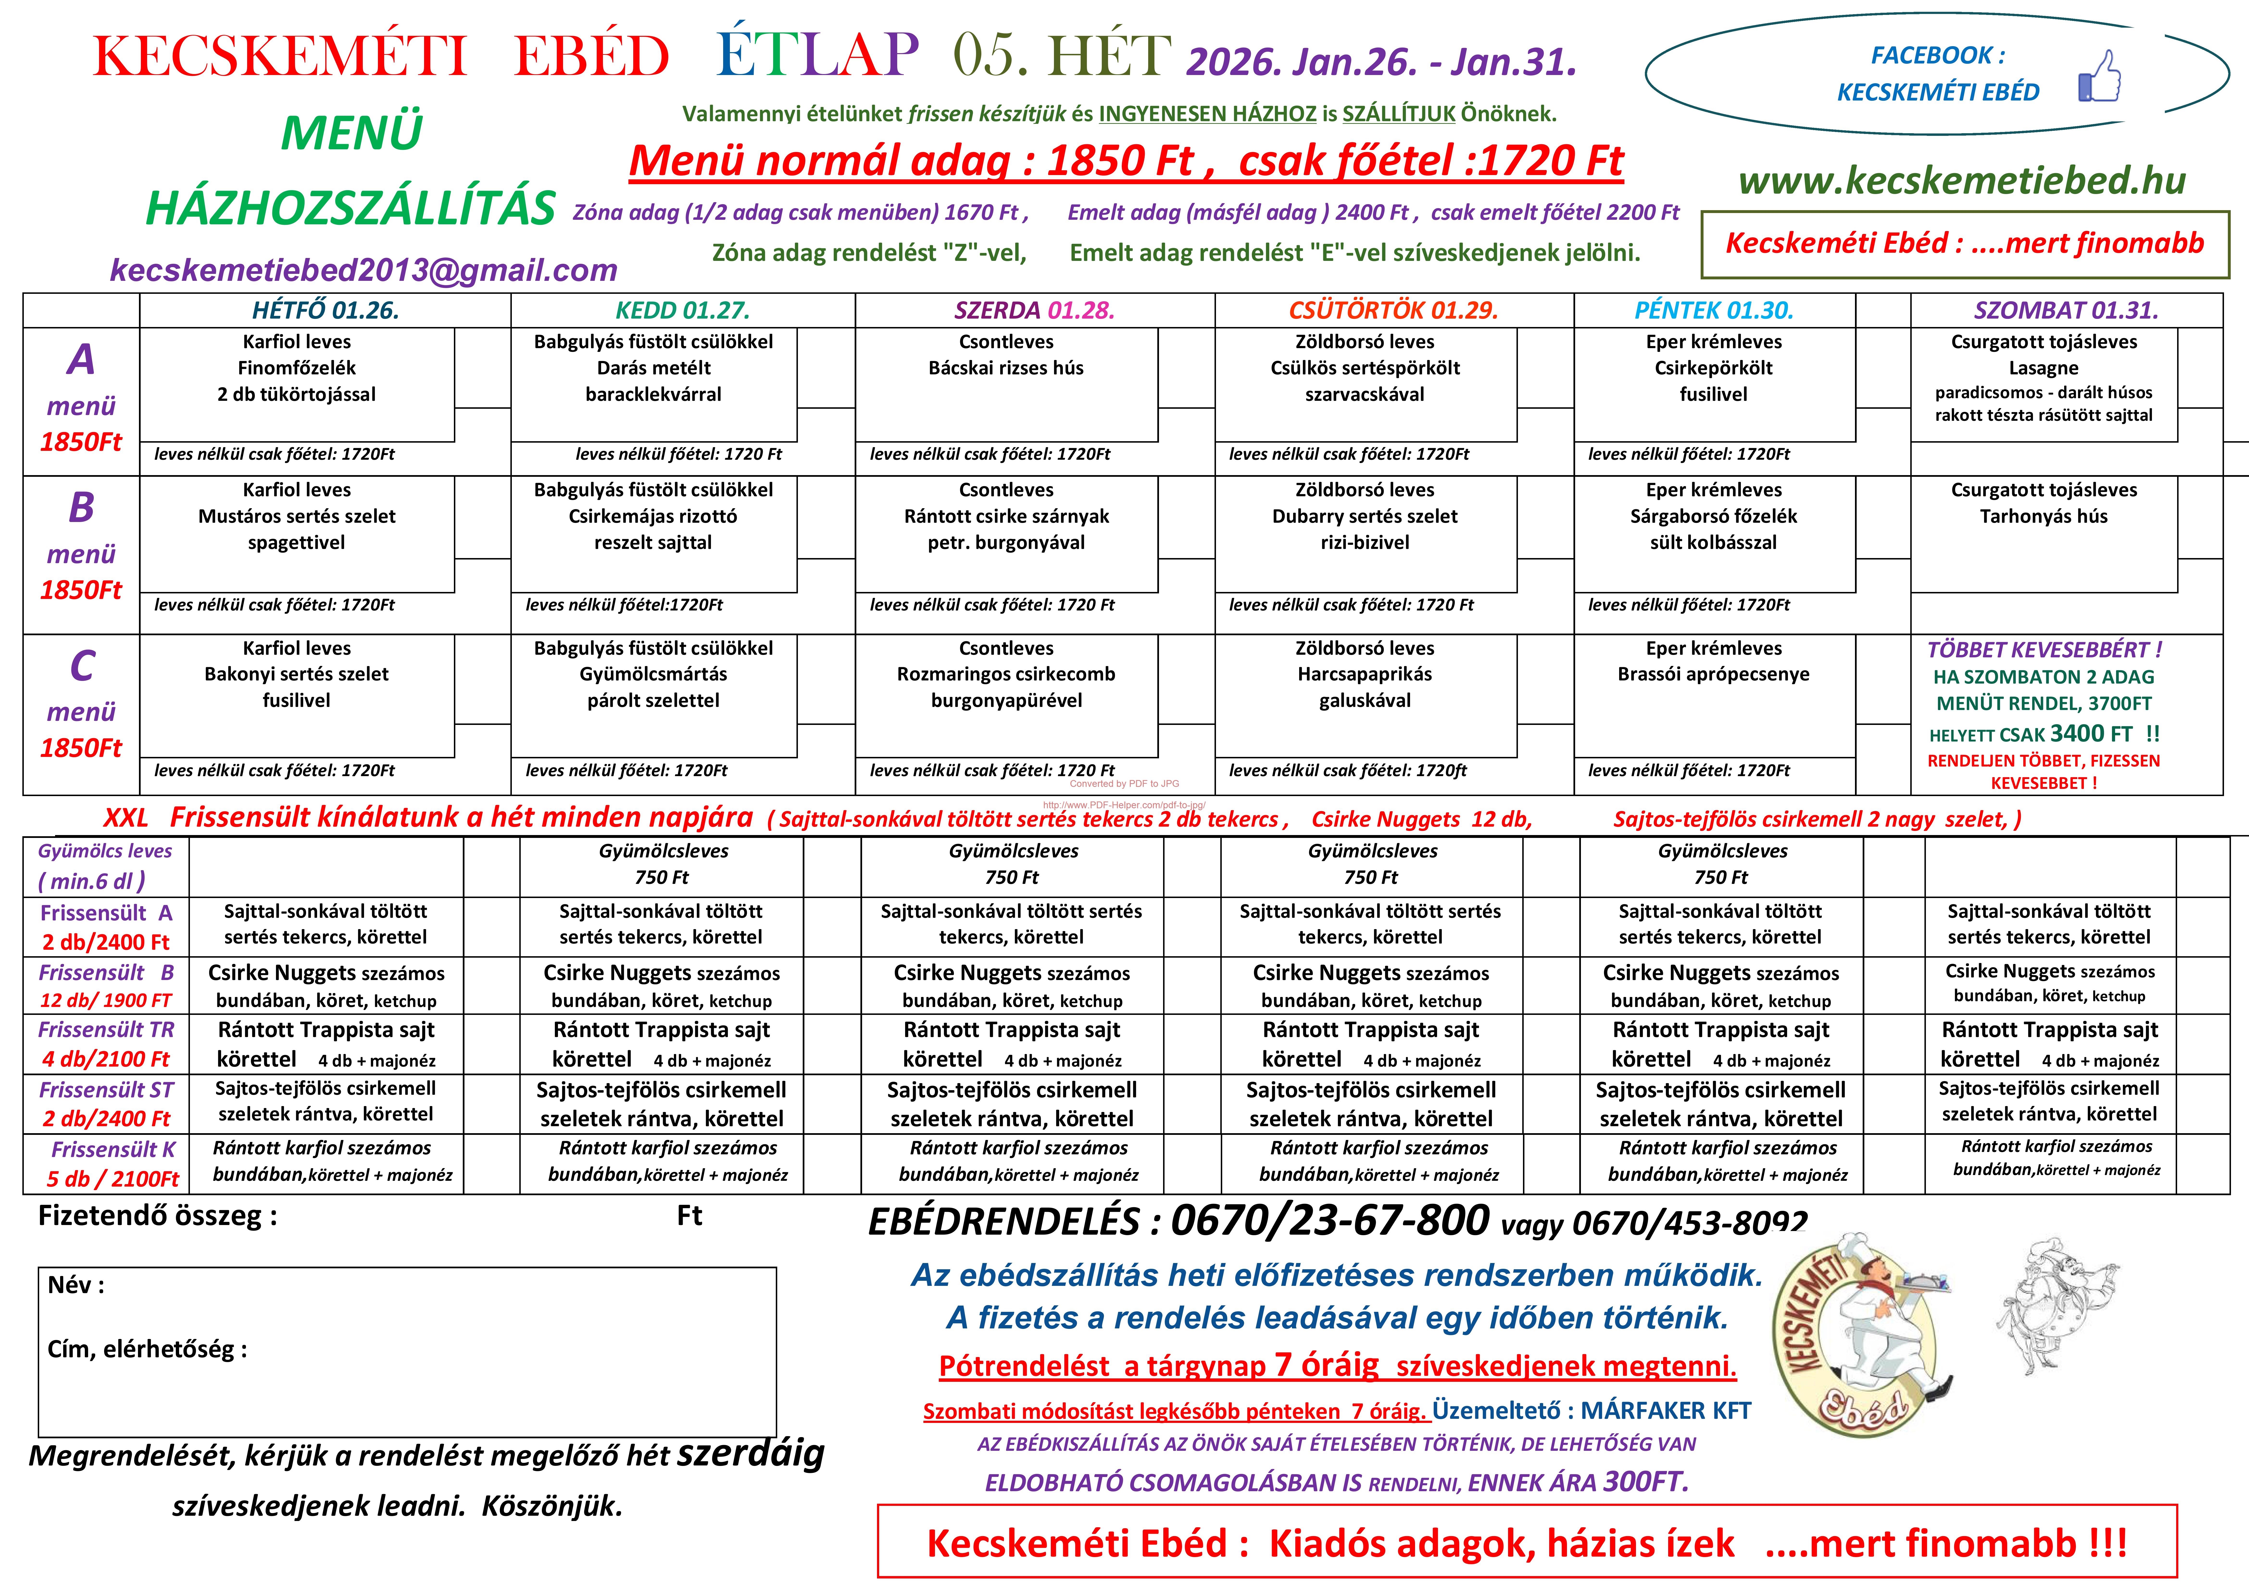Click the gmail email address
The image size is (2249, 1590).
point(363,270)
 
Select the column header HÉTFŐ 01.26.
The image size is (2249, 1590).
point(325,311)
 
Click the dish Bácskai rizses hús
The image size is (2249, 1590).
point(1006,368)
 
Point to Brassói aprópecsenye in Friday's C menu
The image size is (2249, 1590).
point(1713,674)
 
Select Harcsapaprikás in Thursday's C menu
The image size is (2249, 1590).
point(1365,674)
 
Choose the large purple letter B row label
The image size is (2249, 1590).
point(81,508)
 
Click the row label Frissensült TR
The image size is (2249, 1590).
point(106,1030)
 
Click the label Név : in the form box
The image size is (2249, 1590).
point(75,1285)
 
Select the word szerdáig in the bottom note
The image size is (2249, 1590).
point(750,1454)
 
